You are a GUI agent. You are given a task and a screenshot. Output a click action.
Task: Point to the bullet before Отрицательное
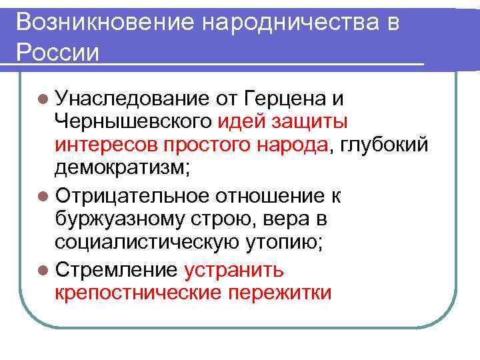43,197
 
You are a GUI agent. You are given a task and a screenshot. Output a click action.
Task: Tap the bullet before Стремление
43,270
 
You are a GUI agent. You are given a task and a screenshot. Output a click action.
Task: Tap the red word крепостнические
137,293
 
